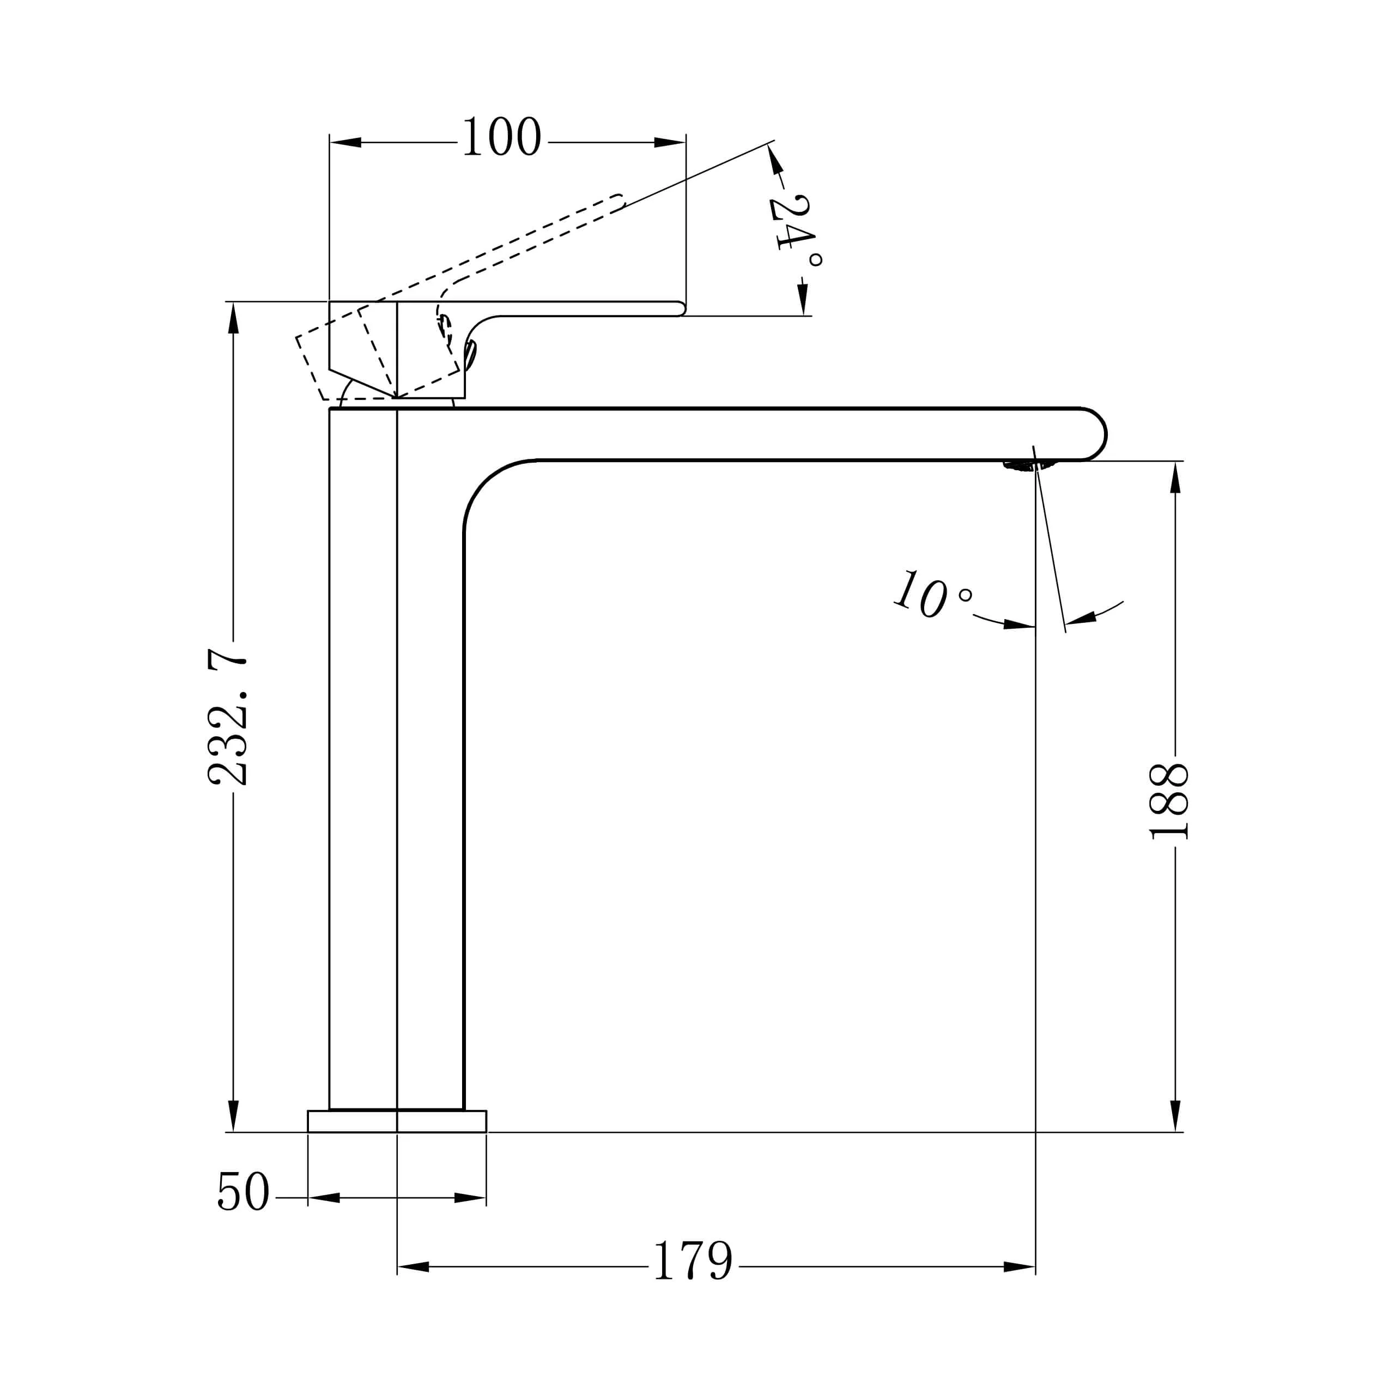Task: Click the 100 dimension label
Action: pyautogui.click(x=502, y=136)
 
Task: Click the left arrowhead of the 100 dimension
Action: pyautogui.click(x=345, y=142)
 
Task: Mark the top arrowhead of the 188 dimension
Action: pyautogui.click(x=1175, y=477)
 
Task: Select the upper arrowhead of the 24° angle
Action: pyautogui.click(x=775, y=160)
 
